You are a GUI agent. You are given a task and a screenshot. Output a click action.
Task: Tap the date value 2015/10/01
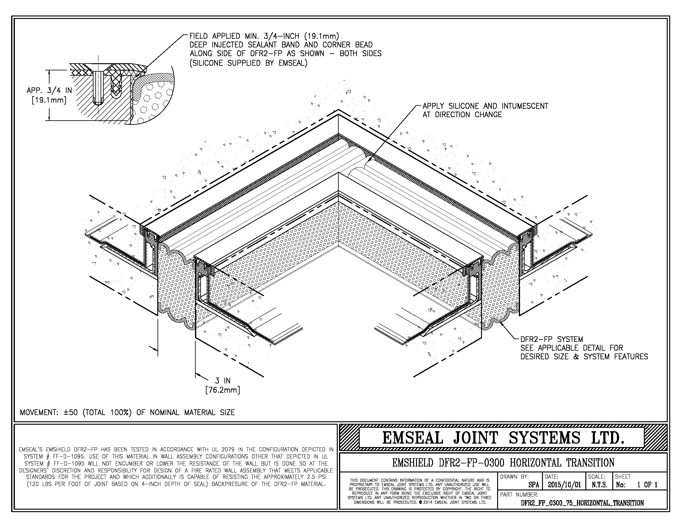click(x=564, y=485)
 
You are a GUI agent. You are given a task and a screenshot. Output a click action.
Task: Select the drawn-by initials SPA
click(x=534, y=485)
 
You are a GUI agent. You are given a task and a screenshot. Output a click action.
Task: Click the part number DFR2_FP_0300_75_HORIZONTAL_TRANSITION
click(x=582, y=503)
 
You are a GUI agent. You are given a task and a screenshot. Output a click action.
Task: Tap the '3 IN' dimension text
click(x=223, y=381)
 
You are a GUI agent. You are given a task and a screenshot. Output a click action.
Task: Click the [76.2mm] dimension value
click(x=223, y=390)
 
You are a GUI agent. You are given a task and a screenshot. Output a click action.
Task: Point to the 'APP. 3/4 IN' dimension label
click(x=49, y=91)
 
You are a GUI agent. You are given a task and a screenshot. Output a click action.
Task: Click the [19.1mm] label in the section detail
click(x=49, y=100)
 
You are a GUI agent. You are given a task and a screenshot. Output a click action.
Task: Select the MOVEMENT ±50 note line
click(x=127, y=412)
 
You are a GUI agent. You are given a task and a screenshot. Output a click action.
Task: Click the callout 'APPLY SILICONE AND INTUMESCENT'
click(x=485, y=106)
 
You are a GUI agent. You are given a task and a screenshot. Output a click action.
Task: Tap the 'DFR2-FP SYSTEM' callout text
click(x=551, y=339)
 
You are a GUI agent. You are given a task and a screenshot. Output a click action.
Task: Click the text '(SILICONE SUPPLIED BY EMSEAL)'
click(x=248, y=63)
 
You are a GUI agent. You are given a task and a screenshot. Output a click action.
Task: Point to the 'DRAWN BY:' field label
click(x=514, y=477)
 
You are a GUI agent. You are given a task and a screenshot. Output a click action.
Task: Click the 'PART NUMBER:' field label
click(x=519, y=494)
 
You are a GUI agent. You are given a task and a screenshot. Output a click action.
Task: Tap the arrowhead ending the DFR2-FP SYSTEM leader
click(x=500, y=322)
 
